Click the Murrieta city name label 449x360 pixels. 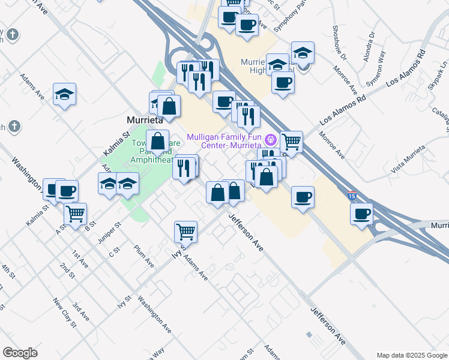tap(146, 119)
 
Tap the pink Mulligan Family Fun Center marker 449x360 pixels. tap(271, 139)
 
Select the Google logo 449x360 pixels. tap(20, 352)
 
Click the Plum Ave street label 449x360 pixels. tap(144, 256)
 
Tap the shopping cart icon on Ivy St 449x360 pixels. tap(186, 230)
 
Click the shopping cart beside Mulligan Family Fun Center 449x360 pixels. tap(291, 142)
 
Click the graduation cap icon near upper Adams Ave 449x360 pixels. tap(64, 94)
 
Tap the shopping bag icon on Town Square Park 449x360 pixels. tap(158, 142)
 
